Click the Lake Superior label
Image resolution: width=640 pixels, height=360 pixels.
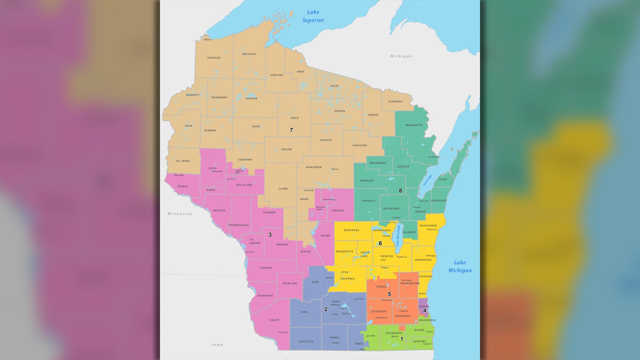[x=313, y=16]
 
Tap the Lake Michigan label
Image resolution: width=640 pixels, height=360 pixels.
[x=460, y=266]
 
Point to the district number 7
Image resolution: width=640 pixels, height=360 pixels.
[x=291, y=130]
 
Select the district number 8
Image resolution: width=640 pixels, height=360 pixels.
[x=400, y=191]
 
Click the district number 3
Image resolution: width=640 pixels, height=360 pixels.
[x=270, y=235]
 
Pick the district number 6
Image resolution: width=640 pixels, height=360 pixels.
[x=380, y=244]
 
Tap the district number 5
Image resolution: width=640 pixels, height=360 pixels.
[x=389, y=294]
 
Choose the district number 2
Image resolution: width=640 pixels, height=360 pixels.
[x=326, y=309]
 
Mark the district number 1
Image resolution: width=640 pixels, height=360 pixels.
[x=402, y=339]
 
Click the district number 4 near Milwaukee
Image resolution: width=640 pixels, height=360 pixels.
[x=425, y=311]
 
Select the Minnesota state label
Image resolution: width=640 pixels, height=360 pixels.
[x=180, y=214]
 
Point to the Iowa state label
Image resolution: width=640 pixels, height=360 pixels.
[x=217, y=345]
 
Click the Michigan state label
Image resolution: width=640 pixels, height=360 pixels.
[x=401, y=56]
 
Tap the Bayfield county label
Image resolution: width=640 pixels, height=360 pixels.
[x=249, y=54]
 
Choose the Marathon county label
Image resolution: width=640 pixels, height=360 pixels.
[x=314, y=167]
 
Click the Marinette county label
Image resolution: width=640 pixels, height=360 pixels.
[x=414, y=125]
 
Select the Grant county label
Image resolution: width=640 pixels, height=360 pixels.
[x=274, y=320]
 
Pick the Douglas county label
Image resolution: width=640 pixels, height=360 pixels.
[x=214, y=58]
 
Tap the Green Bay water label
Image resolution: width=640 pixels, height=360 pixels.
[x=427, y=180]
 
